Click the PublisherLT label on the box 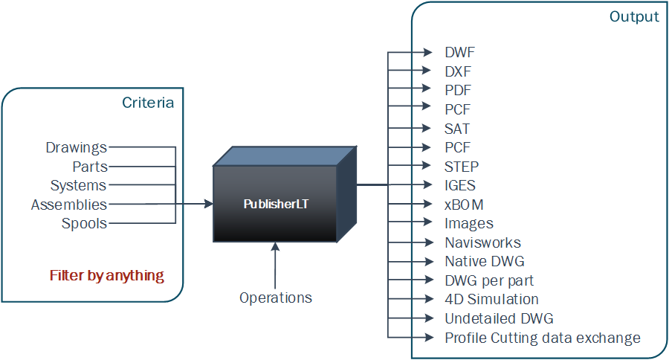click(x=276, y=204)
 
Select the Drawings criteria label click(x=76, y=147)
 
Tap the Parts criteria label click(x=89, y=167)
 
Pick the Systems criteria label click(x=78, y=185)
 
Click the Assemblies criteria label click(x=69, y=205)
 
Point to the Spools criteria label click(x=84, y=223)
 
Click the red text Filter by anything click(x=107, y=275)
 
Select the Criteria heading click(x=148, y=103)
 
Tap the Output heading click(x=634, y=16)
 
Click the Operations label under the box click(x=276, y=298)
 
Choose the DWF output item click(x=459, y=53)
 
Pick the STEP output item click(x=462, y=166)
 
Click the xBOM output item click(x=465, y=204)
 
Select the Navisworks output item click(x=482, y=242)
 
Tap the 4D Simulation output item click(x=491, y=299)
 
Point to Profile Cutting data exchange click(x=542, y=338)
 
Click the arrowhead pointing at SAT click(x=428, y=129)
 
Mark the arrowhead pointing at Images click(x=428, y=222)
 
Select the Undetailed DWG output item click(x=499, y=318)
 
